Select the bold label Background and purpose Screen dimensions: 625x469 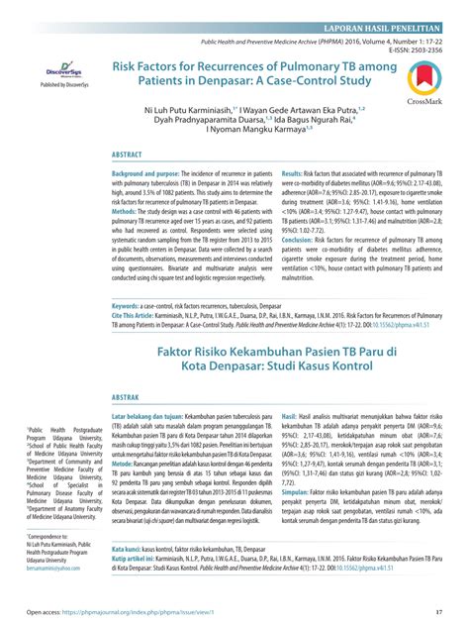[x=149, y=173]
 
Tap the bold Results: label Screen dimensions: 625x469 [x=297, y=173]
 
